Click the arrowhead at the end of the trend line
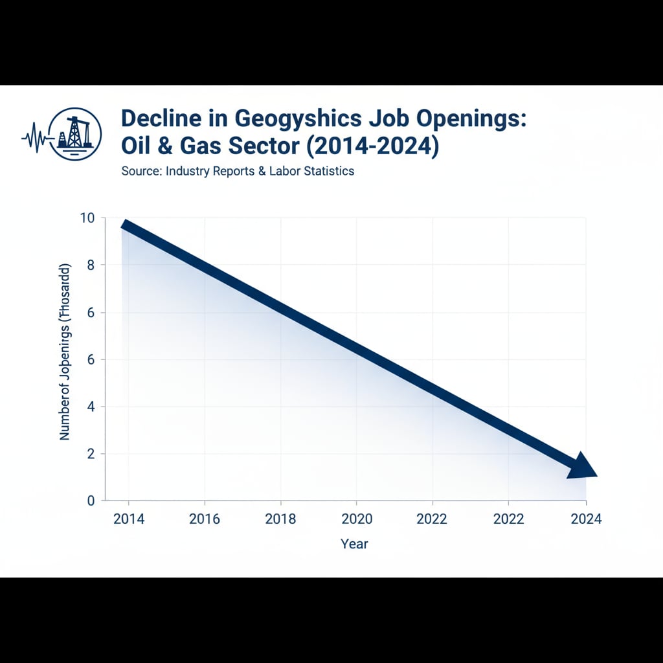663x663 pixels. pos(583,466)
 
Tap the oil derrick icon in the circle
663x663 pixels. pos(74,132)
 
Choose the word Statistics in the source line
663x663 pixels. pos(328,172)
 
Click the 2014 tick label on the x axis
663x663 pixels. pos(128,519)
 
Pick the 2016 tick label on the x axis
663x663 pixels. pos(205,519)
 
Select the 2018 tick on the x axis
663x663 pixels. pos(280,519)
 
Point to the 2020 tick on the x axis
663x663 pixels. pos(357,519)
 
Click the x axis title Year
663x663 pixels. pos(354,544)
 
